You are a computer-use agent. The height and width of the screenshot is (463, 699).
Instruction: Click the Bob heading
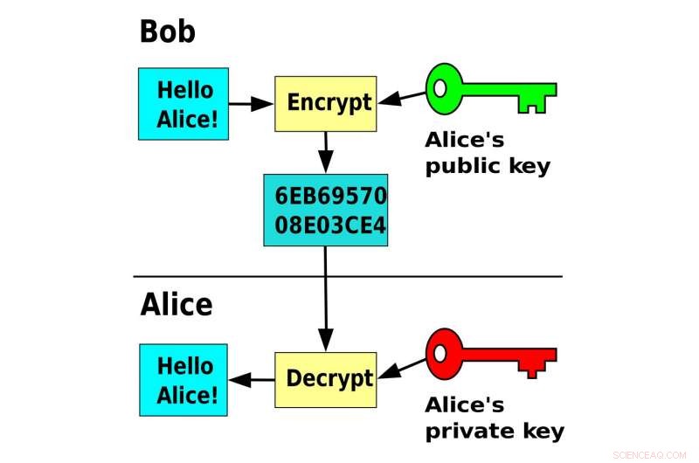(168, 32)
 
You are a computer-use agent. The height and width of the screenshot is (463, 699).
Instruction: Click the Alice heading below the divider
(176, 305)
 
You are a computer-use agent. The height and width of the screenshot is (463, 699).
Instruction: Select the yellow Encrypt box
(325, 103)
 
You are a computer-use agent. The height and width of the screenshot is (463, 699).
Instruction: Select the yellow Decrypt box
(325, 379)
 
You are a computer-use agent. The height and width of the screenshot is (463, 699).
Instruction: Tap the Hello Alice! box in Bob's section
(183, 103)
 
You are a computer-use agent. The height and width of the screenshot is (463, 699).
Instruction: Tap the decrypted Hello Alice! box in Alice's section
(183, 379)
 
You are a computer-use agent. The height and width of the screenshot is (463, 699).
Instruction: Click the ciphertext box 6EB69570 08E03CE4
(325, 210)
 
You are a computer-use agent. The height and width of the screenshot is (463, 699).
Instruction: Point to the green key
(489, 90)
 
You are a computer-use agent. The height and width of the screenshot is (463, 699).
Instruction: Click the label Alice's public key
(488, 153)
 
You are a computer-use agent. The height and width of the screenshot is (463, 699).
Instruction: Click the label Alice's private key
(494, 418)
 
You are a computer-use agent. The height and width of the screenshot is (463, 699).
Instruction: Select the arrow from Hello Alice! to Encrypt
(252, 103)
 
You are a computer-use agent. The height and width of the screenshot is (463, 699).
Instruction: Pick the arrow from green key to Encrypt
(401, 98)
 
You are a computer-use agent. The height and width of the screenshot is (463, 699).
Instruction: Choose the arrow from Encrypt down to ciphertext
(325, 153)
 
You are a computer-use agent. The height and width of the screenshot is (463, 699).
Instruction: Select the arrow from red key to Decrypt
(401, 370)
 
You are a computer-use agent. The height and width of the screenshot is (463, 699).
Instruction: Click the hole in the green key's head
(443, 88)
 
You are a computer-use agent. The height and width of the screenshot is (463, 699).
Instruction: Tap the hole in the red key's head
(443, 352)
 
